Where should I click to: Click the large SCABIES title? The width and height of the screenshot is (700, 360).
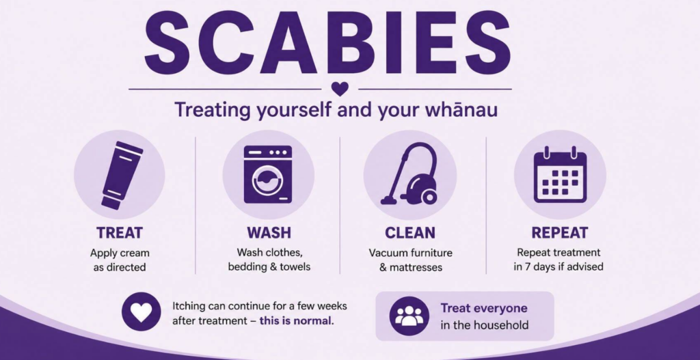pos(327,43)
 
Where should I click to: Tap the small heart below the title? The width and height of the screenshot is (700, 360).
pos(340,89)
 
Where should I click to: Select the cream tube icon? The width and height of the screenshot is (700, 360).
pos(122,176)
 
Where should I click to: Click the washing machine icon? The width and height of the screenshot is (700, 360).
pos(268,174)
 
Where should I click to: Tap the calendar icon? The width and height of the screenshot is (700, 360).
pos(561,174)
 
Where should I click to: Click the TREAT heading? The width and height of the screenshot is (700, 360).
pos(120,233)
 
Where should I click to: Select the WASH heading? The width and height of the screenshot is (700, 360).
pos(269,233)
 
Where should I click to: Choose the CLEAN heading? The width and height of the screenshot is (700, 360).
pos(410,233)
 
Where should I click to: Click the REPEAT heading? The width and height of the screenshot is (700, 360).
pos(560,233)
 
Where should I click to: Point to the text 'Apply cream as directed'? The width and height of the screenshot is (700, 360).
pos(120,260)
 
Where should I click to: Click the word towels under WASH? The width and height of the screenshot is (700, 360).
pos(295,267)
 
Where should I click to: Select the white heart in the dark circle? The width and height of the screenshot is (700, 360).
pos(141,311)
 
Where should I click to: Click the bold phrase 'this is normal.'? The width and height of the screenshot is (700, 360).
pos(297,320)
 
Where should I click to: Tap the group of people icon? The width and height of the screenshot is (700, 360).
pos(409,316)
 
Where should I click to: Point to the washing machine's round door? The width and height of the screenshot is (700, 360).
pos(267,181)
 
